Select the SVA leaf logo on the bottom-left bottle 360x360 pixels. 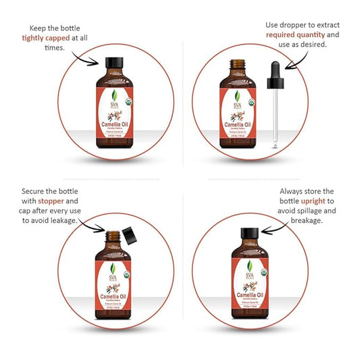[113, 267]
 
